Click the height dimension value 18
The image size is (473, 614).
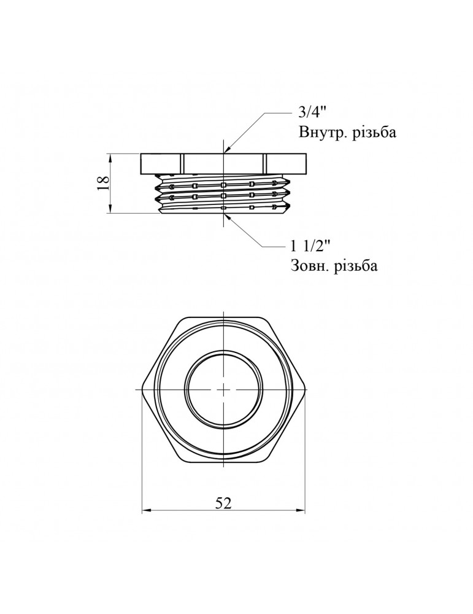(103, 182)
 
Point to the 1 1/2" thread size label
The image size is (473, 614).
(310, 247)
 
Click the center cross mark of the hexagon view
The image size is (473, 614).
(224, 389)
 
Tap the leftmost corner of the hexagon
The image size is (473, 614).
(142, 389)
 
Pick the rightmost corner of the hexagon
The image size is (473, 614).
(306, 389)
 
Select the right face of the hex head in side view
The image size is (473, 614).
(286, 162)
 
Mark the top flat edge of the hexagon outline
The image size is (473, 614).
(224, 319)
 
